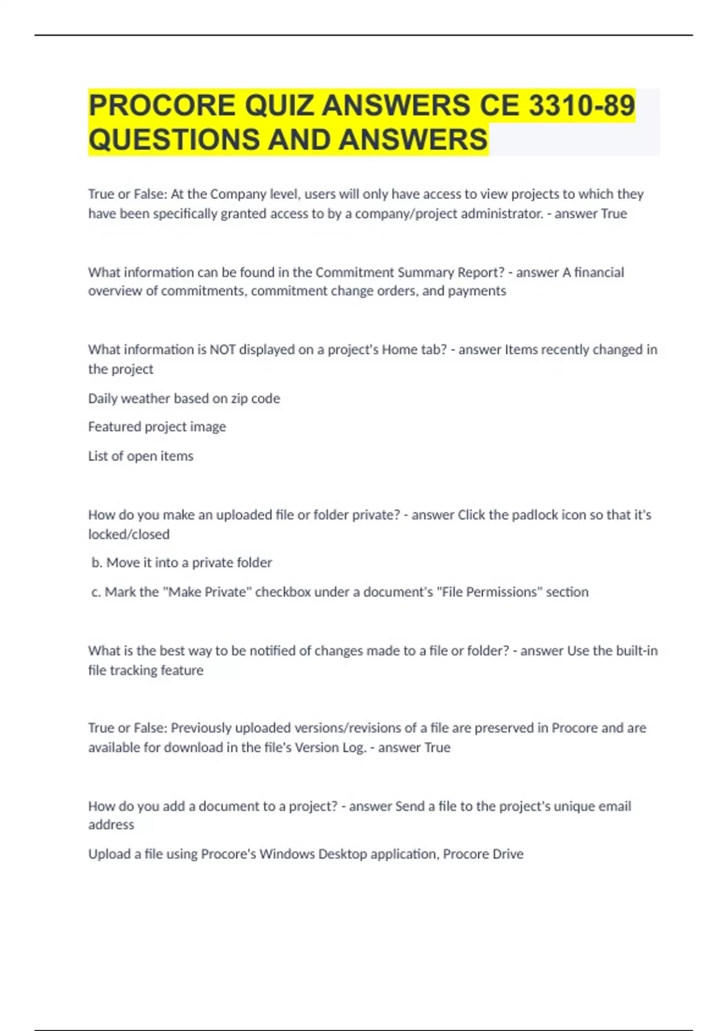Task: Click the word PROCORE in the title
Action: [x=162, y=105]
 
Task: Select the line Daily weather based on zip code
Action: [x=184, y=398]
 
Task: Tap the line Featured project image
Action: [x=157, y=427]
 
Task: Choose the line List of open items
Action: [x=141, y=456]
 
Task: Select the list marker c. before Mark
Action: [x=96, y=592]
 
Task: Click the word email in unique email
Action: [x=615, y=806]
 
